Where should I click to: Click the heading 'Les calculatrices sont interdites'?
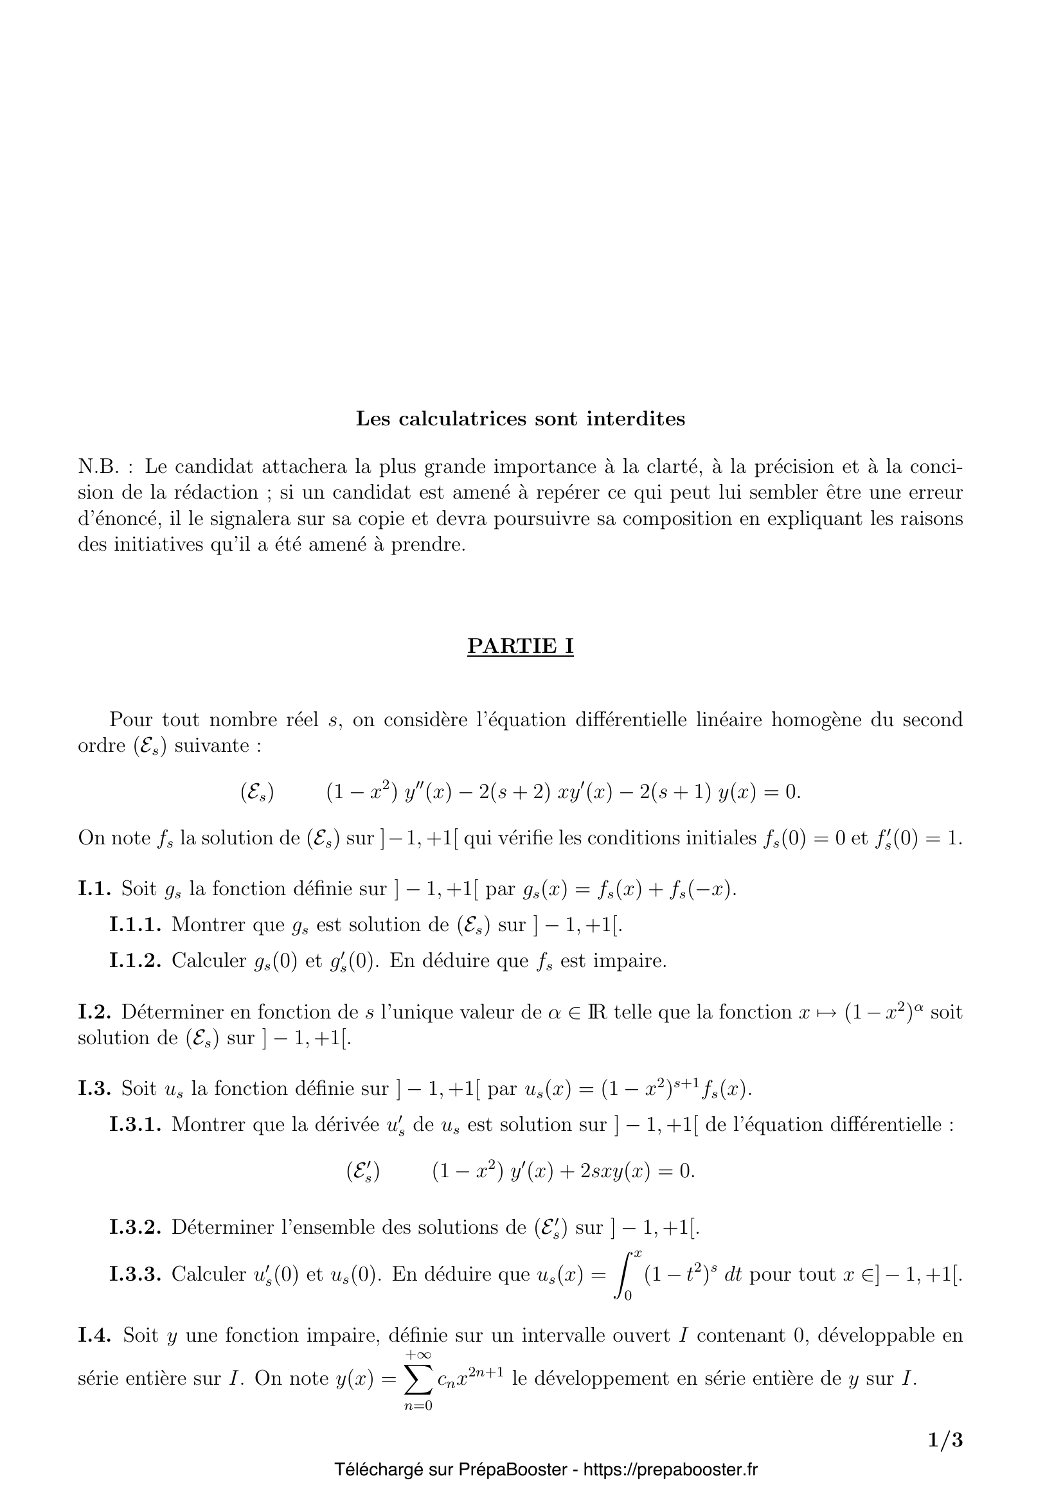click(520, 418)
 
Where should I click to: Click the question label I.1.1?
click(135, 924)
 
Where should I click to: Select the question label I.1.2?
click(135, 960)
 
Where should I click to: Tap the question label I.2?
click(96, 1012)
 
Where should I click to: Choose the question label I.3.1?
click(135, 1124)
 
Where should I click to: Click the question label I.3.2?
click(135, 1227)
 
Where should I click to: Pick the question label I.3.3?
click(135, 1274)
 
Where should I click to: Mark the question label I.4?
click(96, 1335)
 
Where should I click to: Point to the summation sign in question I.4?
click(418, 1380)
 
